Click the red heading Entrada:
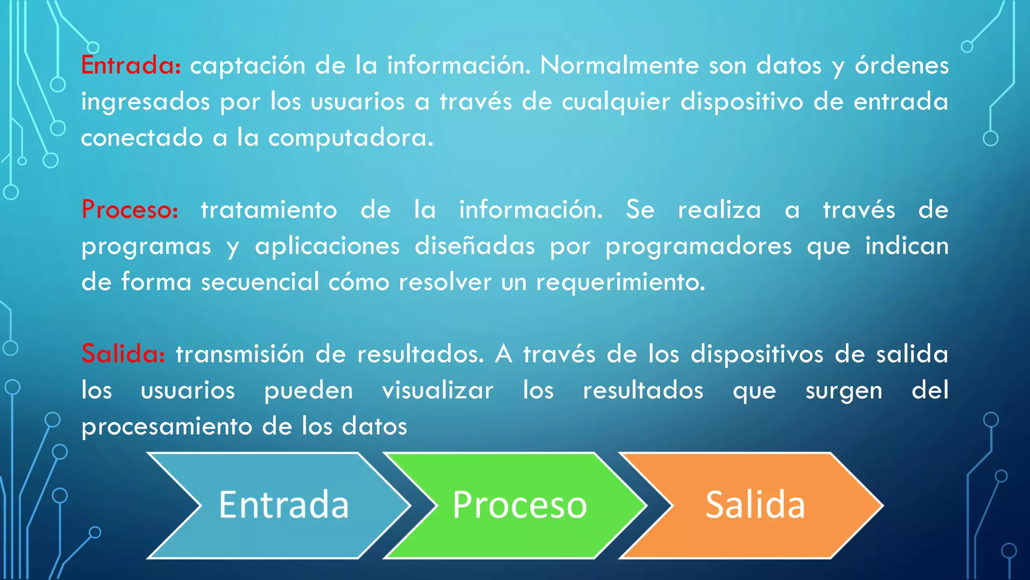click(x=131, y=65)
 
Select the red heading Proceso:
click(x=130, y=209)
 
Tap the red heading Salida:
click(x=123, y=353)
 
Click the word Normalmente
click(x=619, y=65)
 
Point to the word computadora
click(x=351, y=138)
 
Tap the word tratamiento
click(x=269, y=210)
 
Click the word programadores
click(x=699, y=247)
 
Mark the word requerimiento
click(x=621, y=282)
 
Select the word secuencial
click(x=260, y=282)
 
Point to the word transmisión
click(x=240, y=354)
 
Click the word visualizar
click(x=438, y=391)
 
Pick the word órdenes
click(x=902, y=65)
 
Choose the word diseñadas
click(x=475, y=246)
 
